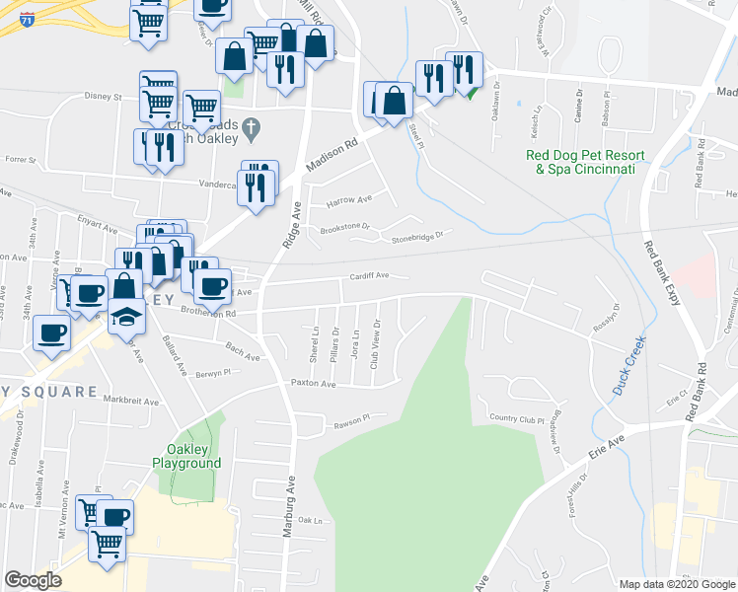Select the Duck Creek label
pyautogui.click(x=627, y=366)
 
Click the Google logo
pyautogui.click(x=34, y=580)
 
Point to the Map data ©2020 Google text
pyautogui.click(x=676, y=584)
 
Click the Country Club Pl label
pyautogui.click(x=517, y=419)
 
